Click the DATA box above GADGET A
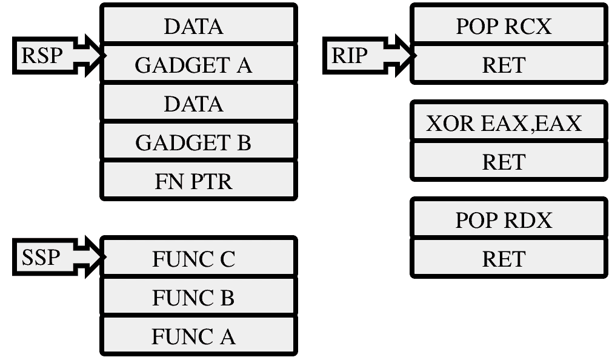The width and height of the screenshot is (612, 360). pos(199,24)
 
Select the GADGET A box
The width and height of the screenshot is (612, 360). pos(199,63)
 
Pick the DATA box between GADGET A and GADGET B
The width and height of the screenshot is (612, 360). pos(199,102)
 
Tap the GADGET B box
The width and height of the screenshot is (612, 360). pos(199,141)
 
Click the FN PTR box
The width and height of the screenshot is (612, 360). pos(199,180)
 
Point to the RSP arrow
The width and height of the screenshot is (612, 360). pos(59,55)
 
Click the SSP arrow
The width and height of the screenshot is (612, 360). pos(59,257)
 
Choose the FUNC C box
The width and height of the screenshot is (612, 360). pos(199,256)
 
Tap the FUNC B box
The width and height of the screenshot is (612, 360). pos(199,296)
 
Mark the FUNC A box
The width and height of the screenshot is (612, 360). pos(199,335)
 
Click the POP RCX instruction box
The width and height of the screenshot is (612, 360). pos(509,24)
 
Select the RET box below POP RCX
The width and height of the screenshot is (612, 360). pos(509,64)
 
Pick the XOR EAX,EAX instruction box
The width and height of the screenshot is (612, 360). pos(509,121)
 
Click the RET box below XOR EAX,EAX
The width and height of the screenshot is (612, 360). pos(509,161)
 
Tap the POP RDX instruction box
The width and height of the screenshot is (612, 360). pos(509,218)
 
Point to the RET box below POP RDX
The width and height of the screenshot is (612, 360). pos(509,258)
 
